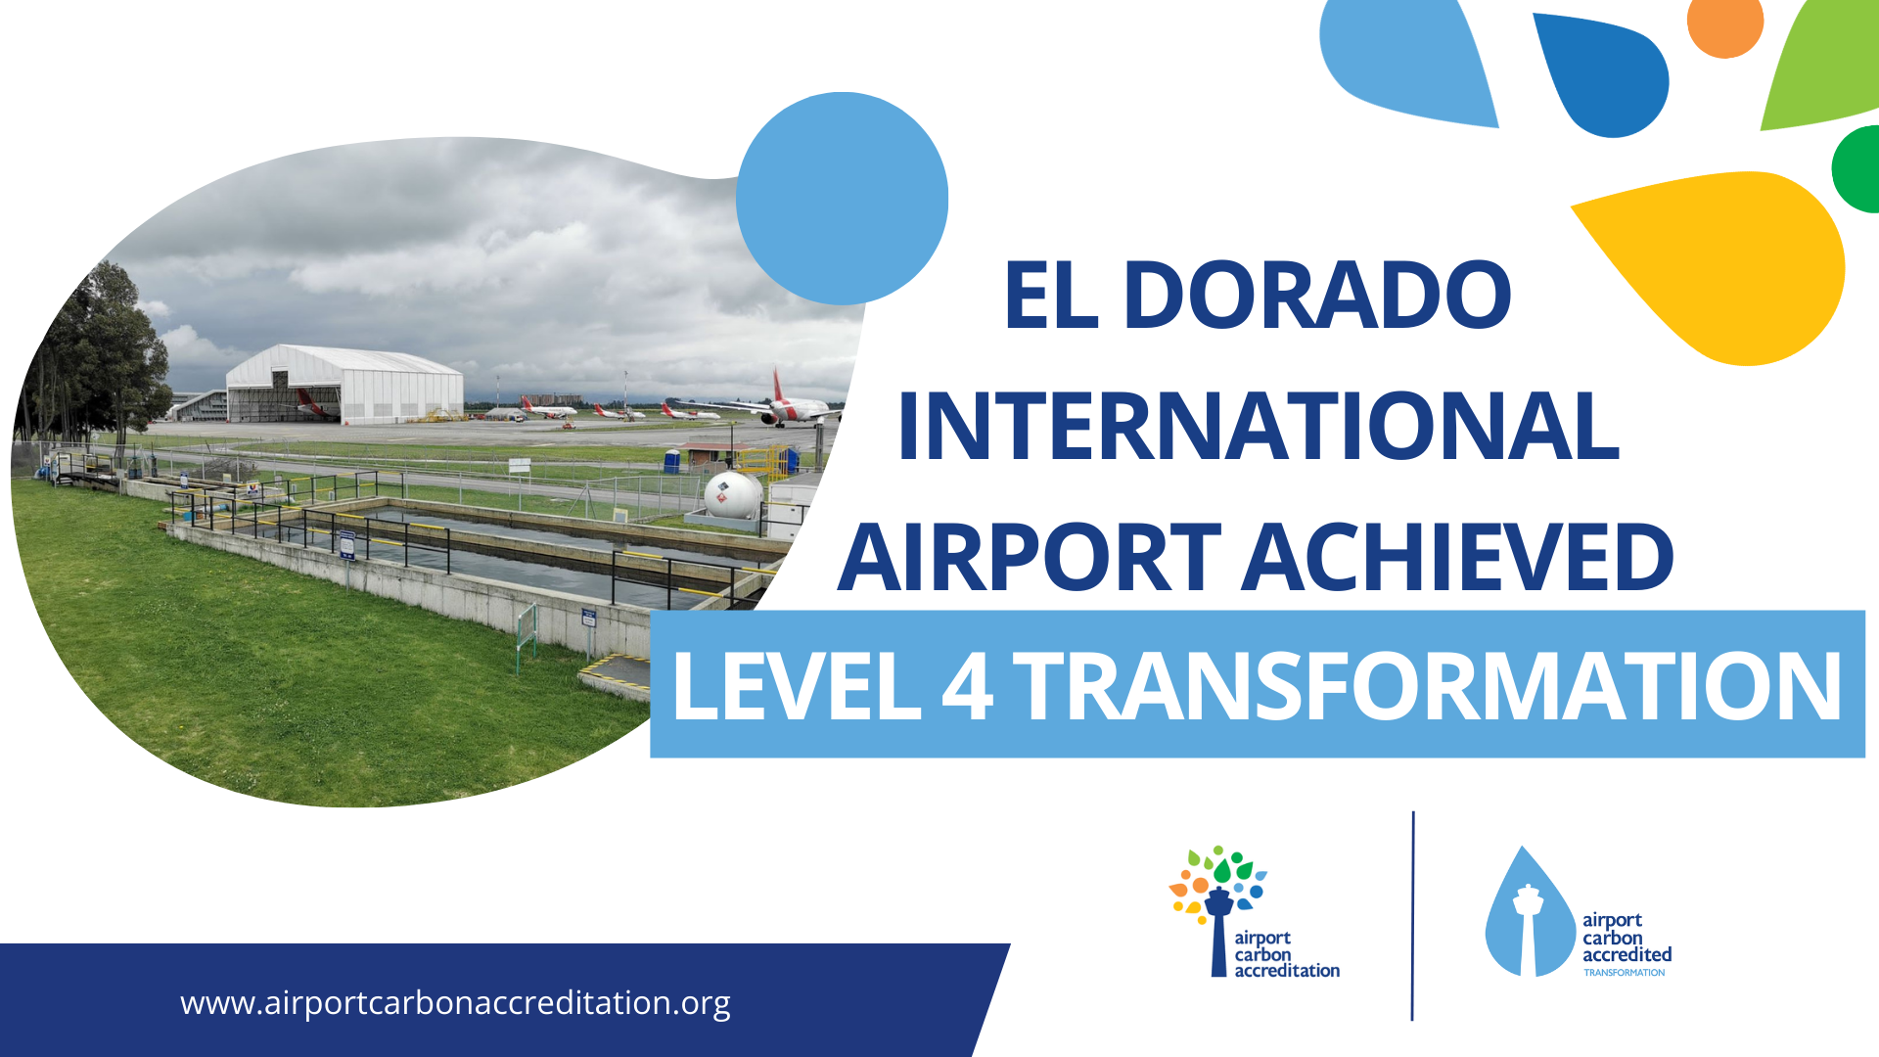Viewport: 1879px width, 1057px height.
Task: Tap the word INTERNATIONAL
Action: (x=1259, y=426)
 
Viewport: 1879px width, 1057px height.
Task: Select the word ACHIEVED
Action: (x=1459, y=557)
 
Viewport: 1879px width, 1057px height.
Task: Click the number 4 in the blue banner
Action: (x=967, y=686)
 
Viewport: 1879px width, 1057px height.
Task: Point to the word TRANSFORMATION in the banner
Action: (x=1428, y=686)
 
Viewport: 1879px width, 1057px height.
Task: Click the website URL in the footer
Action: (x=455, y=1003)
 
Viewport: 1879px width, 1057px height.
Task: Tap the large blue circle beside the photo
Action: (x=842, y=199)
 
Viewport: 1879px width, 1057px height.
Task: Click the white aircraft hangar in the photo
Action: (x=344, y=384)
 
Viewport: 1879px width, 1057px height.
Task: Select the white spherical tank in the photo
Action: (x=732, y=494)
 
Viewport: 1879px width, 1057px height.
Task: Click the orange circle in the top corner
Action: (x=1724, y=22)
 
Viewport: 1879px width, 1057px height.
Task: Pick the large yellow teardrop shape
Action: (x=1727, y=264)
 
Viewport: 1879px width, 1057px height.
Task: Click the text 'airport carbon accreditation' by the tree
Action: (x=1286, y=954)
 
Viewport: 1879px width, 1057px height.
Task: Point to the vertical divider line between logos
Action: (x=1412, y=916)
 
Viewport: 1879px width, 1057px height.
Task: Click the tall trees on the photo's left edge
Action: (x=98, y=357)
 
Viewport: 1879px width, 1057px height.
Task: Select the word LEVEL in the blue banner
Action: (x=797, y=686)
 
